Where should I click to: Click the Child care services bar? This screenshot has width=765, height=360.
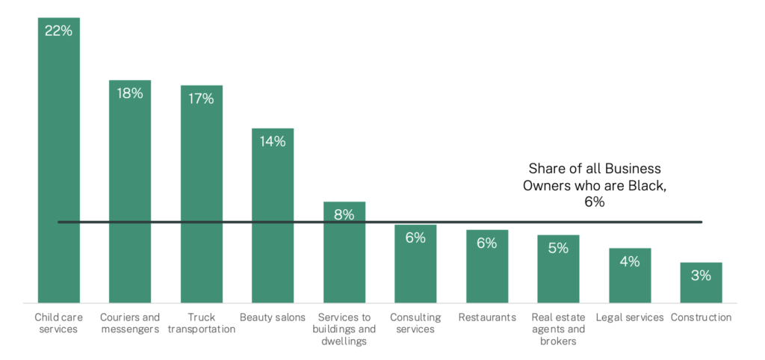tap(58, 164)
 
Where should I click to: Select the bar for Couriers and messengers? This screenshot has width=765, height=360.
tap(130, 194)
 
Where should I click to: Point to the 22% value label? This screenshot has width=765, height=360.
tap(58, 32)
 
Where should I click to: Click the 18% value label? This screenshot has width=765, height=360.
tap(130, 93)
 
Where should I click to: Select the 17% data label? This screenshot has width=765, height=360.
tap(201, 99)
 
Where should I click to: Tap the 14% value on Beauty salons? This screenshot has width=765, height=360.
tap(273, 141)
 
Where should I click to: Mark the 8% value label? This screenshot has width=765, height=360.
tap(344, 214)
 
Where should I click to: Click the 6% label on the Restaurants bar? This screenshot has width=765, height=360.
tap(486, 243)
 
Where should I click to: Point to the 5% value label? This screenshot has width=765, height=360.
tap(558, 248)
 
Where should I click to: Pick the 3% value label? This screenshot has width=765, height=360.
tap(701, 276)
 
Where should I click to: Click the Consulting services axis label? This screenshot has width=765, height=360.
tap(415, 323)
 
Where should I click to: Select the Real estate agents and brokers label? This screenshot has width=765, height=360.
tap(558, 329)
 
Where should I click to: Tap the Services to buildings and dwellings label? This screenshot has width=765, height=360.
tap(344, 329)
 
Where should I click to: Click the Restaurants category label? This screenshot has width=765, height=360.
tap(487, 317)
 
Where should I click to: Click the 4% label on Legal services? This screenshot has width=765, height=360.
tap(630, 261)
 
